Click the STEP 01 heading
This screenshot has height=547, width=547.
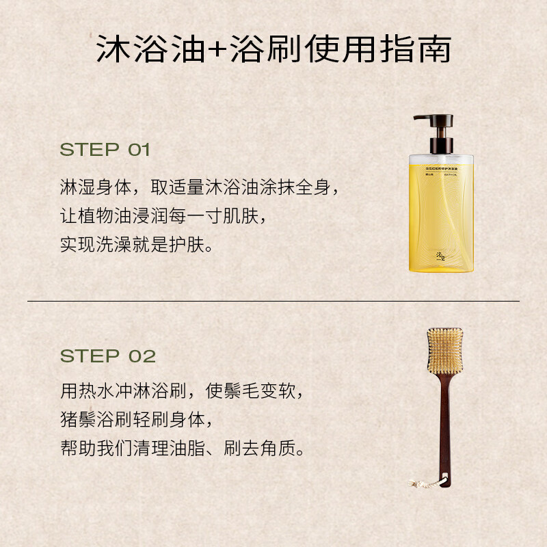[105, 150]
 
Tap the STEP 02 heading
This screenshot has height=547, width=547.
[108, 356]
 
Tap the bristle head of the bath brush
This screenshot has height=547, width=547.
[444, 351]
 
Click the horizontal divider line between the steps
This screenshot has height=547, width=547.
[273, 301]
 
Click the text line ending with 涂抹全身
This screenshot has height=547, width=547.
[199, 188]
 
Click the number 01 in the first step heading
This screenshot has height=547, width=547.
[139, 150]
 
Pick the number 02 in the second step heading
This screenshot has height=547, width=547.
[142, 356]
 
